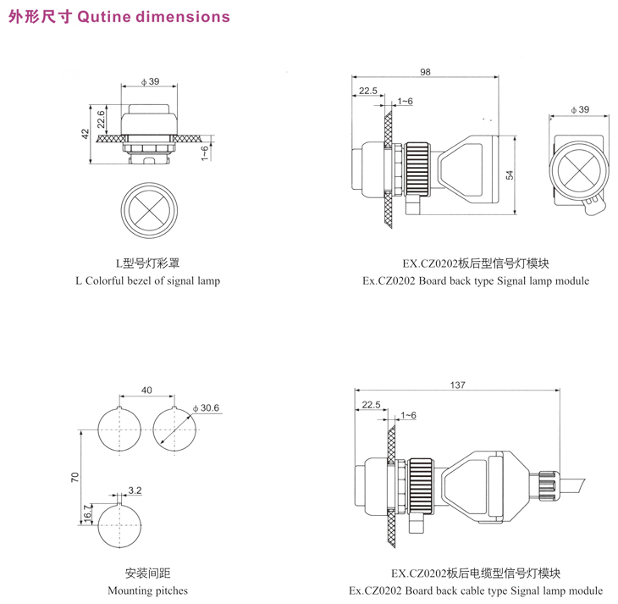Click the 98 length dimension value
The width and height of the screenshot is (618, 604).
[425, 72]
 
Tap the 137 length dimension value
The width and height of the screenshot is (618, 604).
[457, 385]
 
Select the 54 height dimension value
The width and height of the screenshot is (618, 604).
[509, 174]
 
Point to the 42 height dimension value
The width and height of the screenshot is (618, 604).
[85, 135]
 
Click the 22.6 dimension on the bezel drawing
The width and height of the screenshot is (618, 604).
[101, 118]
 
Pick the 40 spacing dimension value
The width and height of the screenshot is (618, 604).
[147, 391]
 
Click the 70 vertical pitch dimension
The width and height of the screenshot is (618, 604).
[74, 477]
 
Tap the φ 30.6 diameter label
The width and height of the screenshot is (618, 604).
[207, 408]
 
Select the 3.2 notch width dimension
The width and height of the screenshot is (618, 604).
[135, 490]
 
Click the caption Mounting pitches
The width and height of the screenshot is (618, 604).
[148, 590]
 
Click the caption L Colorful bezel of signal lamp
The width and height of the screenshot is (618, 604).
[147, 280]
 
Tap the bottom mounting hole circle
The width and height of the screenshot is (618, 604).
[120, 525]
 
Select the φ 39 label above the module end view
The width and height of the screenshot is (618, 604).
[580, 109]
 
